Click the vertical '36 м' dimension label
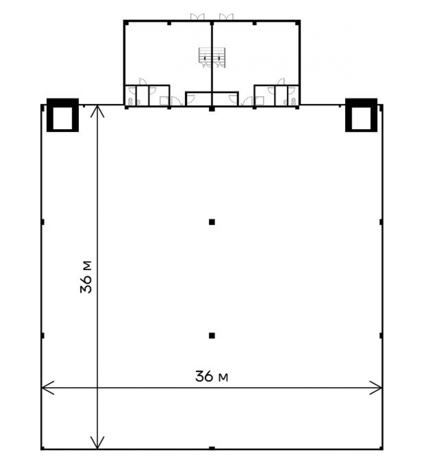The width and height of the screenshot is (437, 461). tap(86, 277)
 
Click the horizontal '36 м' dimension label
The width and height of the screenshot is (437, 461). tap(212, 376)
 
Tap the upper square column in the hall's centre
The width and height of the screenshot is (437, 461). tap(212, 222)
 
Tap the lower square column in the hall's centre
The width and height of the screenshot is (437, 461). tap(212, 335)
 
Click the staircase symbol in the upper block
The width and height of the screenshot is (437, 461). tap(212, 58)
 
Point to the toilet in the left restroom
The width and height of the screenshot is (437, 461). tap(130, 102)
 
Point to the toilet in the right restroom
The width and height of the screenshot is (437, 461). tap(293, 102)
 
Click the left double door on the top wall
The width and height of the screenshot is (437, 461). tap(197, 17)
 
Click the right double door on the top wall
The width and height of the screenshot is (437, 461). tap(226, 17)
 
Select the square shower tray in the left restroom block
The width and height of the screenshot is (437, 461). tap(164, 101)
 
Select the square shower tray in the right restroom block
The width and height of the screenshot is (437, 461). tap(260, 101)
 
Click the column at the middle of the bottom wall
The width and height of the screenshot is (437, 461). tap(212, 448)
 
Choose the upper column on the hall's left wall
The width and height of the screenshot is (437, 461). tap(43, 222)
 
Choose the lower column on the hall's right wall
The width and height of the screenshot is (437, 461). tap(381, 335)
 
